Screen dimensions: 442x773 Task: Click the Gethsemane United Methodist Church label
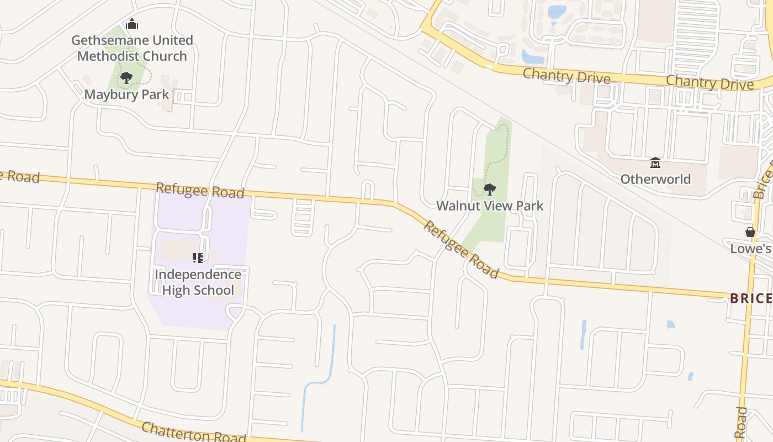coord(132,48)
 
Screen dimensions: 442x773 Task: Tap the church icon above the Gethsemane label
coord(132,24)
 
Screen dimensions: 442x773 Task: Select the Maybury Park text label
coord(126,94)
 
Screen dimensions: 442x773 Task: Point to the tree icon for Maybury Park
coord(126,78)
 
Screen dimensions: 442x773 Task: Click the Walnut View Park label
coord(490,206)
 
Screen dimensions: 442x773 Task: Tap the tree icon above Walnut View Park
coord(489,190)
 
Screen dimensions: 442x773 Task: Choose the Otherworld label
coord(655,179)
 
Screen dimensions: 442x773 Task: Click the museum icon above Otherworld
coord(655,163)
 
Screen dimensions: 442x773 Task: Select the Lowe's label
coord(750,249)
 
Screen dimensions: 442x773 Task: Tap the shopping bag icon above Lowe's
coord(750,232)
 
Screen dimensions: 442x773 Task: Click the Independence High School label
coord(198,282)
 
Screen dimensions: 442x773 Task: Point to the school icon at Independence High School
coord(198,257)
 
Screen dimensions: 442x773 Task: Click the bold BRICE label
coord(750,299)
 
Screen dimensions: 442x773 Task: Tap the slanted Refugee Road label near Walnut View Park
coord(461,250)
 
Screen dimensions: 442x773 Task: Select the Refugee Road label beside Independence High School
coord(200,190)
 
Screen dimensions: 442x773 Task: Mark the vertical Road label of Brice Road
coord(742,423)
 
